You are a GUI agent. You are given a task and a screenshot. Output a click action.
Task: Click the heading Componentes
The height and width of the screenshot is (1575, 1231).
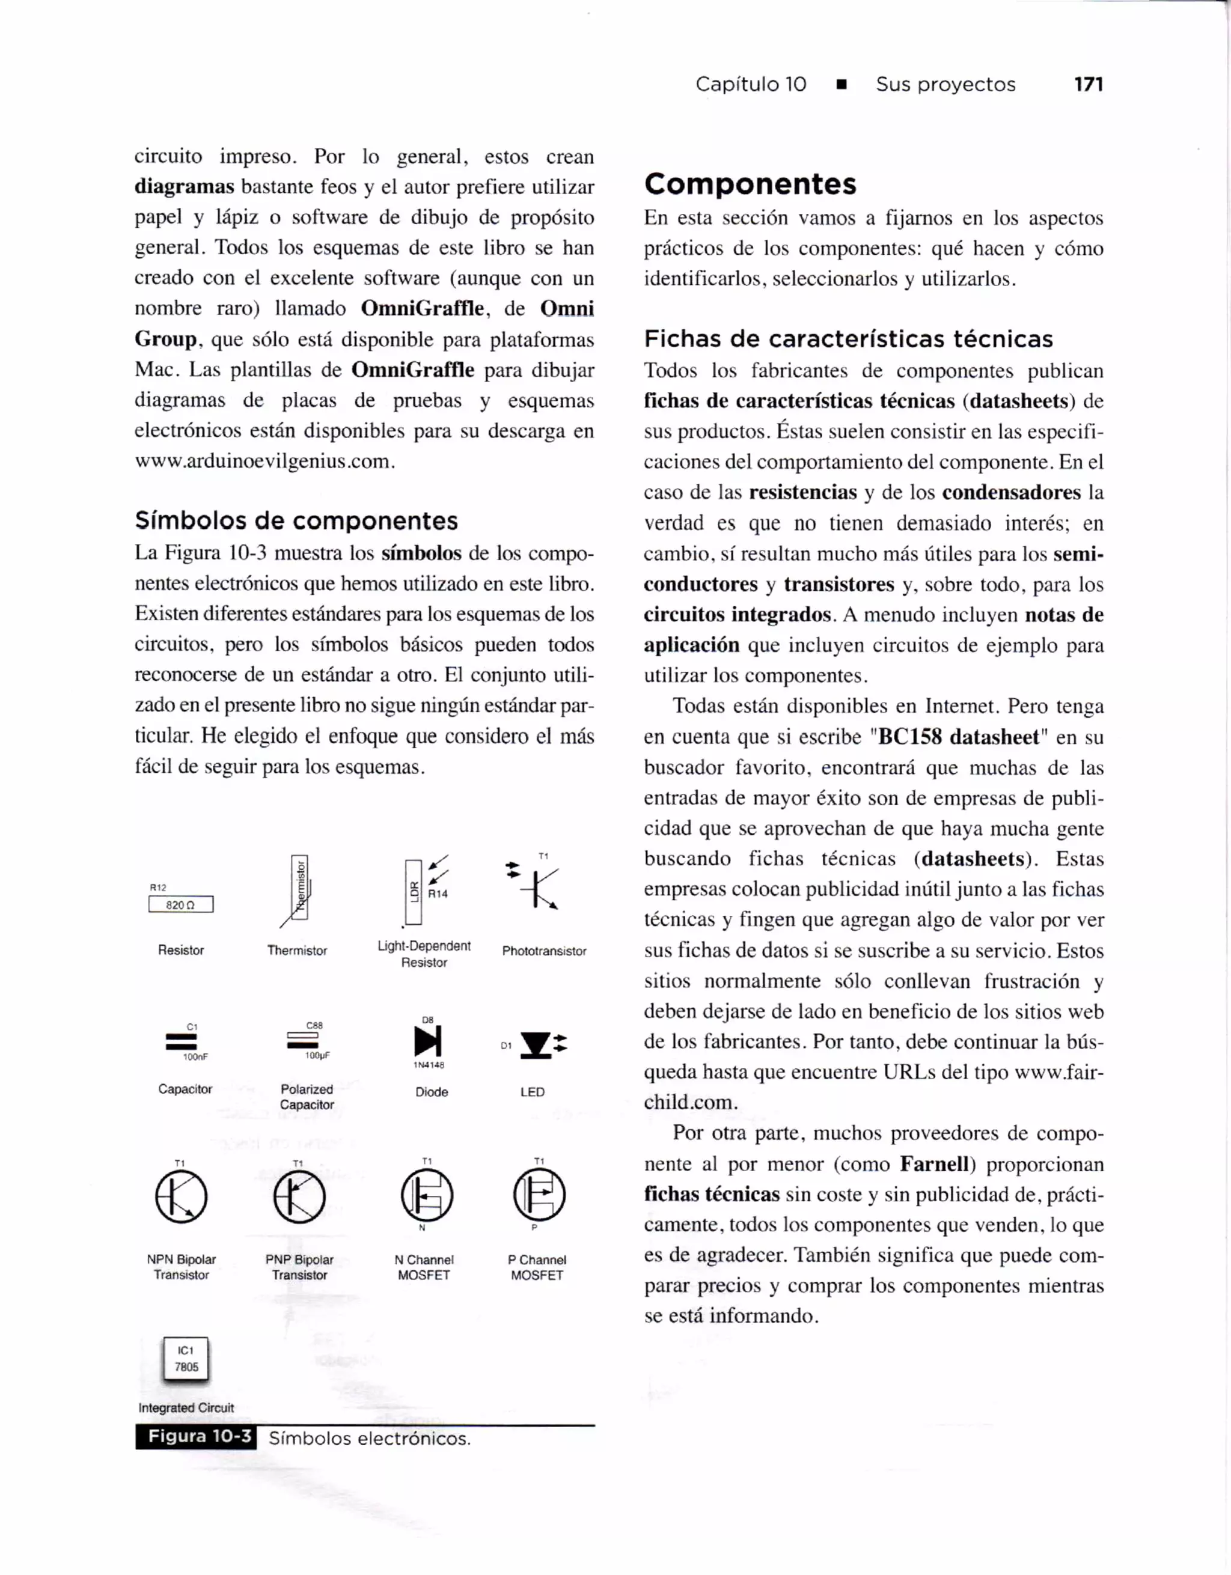point(750,184)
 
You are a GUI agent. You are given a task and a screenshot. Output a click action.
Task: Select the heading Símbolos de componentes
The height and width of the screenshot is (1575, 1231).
point(296,520)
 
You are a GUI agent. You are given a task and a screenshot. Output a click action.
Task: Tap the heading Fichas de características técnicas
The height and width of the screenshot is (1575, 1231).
point(848,339)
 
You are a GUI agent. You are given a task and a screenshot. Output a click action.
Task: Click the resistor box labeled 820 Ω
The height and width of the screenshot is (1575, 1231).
point(180,904)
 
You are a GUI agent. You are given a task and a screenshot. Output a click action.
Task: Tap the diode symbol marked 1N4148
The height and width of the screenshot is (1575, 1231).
point(427,1041)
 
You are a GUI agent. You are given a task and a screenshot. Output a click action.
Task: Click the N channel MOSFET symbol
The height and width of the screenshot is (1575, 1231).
point(427,1195)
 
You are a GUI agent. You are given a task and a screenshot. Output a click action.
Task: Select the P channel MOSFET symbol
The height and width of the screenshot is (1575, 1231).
point(539,1195)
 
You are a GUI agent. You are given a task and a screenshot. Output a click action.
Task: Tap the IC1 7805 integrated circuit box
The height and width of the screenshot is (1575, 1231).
point(186,1359)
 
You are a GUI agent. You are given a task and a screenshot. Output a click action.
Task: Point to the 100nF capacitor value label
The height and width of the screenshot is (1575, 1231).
point(195,1057)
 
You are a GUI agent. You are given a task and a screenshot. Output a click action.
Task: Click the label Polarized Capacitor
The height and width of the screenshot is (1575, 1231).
point(307,1097)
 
